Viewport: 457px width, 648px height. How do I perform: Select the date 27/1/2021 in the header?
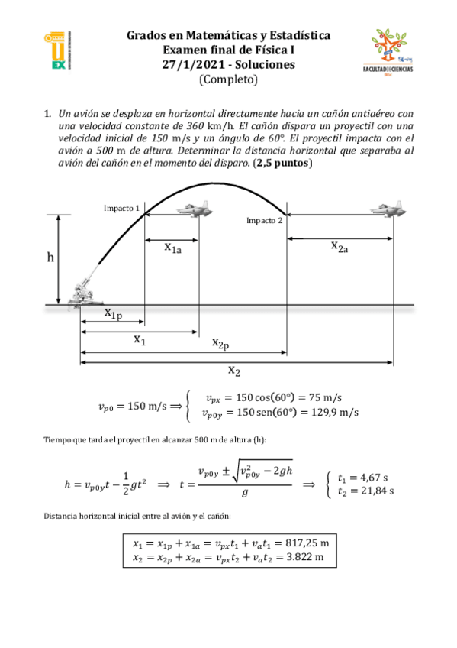(x=190, y=64)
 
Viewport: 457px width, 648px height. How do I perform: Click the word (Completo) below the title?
(x=228, y=79)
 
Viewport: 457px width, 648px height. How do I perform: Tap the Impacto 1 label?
(x=121, y=208)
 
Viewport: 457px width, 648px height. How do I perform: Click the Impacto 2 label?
(x=264, y=221)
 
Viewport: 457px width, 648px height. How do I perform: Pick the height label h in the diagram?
(x=50, y=258)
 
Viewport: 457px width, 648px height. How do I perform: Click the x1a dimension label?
(x=172, y=247)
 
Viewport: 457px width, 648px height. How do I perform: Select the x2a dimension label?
(x=340, y=245)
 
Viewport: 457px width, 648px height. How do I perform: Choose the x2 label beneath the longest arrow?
(x=234, y=371)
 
